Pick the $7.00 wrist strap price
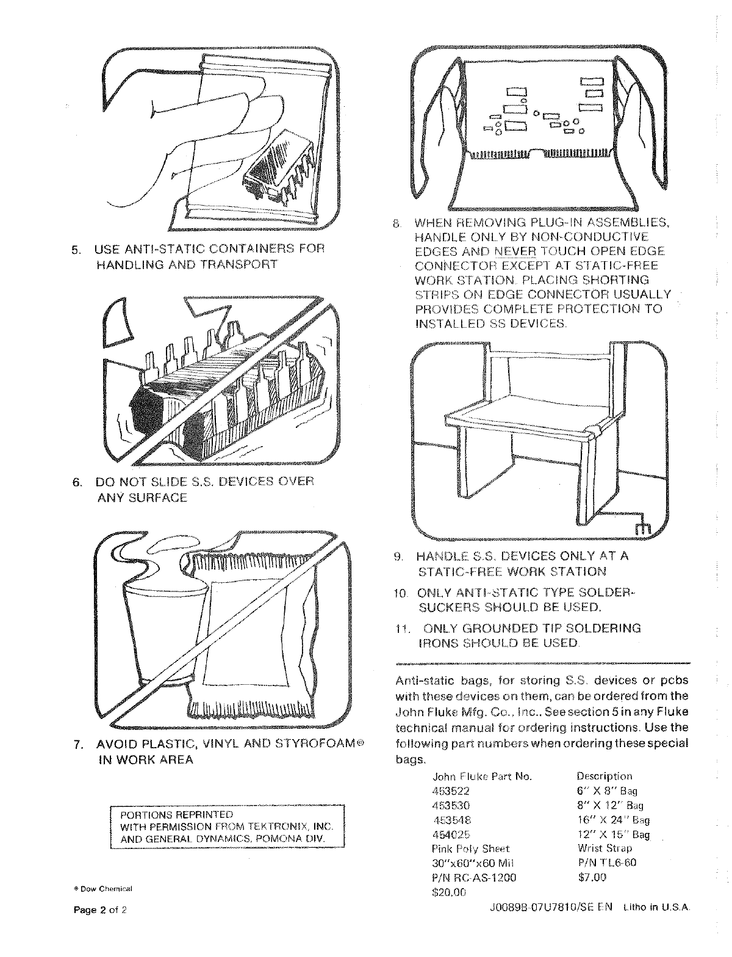pos(592,878)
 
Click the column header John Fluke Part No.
pos(482,777)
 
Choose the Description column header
pos(604,776)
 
